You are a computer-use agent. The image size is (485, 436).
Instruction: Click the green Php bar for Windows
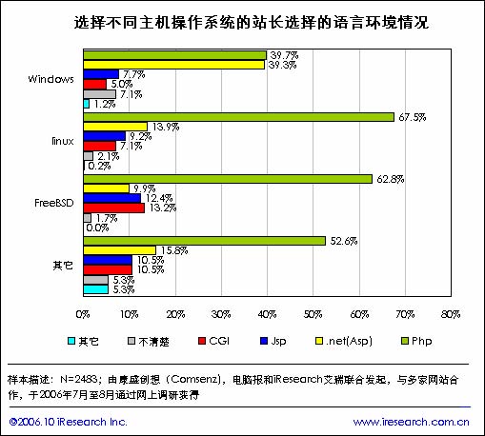pos(175,55)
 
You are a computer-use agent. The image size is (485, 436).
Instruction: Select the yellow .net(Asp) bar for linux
pos(115,127)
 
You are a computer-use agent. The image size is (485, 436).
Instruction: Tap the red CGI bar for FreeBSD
pos(114,208)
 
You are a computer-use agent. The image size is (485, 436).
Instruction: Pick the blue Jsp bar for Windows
pos(101,74)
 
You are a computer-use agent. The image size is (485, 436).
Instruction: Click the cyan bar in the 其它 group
pos(96,289)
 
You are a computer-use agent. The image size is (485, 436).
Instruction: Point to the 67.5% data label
pos(413,117)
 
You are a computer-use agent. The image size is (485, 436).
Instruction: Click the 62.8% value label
pos(391,179)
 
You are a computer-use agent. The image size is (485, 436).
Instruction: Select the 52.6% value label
pos(344,241)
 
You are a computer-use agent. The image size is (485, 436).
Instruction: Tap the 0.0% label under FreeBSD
pos(97,228)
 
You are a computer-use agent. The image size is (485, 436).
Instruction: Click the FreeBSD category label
pos(54,203)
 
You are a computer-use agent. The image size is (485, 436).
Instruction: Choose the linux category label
pos(63,141)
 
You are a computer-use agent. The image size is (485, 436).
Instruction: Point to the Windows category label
pos(51,79)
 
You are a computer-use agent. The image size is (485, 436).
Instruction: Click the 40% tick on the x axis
pos(267,314)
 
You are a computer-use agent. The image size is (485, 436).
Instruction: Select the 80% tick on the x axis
pos(451,314)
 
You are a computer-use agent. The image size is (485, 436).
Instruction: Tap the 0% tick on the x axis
pos(83,314)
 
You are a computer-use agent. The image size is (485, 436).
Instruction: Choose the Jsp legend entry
pos(273,341)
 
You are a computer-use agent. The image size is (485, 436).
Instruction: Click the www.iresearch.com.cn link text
pos(412,422)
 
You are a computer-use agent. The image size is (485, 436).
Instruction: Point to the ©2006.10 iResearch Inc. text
pos(69,422)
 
